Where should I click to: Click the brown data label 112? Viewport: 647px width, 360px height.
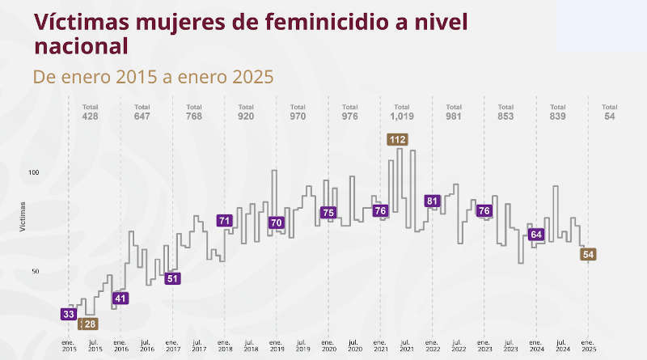pos(397,140)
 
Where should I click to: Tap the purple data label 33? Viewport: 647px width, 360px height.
pos(69,315)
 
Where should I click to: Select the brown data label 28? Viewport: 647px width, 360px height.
pos(90,324)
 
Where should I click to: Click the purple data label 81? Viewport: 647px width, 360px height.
pos(432,201)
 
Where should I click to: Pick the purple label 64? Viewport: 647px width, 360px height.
pos(535,235)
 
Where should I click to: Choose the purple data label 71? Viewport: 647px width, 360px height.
pos(225,220)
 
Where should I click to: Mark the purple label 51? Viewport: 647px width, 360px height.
pos(172,278)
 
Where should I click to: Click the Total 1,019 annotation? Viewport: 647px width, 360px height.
pos(402,112)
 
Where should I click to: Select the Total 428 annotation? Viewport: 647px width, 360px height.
pos(91,112)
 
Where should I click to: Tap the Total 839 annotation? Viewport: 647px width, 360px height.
pos(557,112)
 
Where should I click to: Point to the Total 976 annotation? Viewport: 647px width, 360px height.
pos(349,112)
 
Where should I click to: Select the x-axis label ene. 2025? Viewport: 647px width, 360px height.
pos(588,345)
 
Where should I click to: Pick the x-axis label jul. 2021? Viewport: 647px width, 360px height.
pos(406,345)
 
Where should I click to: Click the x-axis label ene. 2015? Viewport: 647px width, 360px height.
pos(69,345)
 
